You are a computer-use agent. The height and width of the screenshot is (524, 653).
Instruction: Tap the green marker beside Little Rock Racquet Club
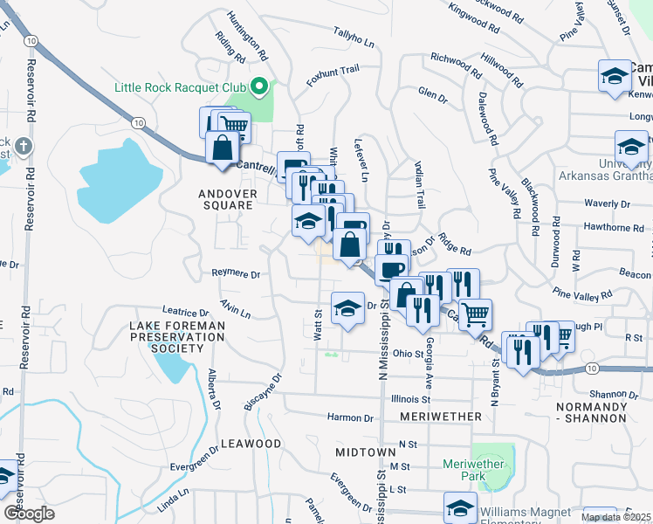[x=258, y=86]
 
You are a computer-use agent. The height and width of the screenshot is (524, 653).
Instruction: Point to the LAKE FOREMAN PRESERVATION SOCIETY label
[x=177, y=336]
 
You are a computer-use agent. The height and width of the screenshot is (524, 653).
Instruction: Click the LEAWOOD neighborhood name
[x=251, y=444]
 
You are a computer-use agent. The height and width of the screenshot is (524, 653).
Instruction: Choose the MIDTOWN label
[x=360, y=452]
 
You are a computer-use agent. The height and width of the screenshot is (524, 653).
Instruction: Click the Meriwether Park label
[x=474, y=471]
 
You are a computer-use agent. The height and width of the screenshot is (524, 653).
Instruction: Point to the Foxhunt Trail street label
[x=333, y=74]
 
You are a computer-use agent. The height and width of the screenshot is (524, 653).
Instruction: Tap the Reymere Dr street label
[x=237, y=274]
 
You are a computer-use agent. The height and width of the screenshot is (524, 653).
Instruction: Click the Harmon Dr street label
[x=349, y=417]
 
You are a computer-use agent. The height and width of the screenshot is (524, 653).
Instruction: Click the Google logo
[x=29, y=514]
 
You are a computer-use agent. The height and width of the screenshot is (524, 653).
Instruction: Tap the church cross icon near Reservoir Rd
[x=23, y=145]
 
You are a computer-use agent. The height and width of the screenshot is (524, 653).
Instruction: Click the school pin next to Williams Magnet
[x=460, y=507]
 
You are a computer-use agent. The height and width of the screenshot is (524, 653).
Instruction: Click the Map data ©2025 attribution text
[x=615, y=517]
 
